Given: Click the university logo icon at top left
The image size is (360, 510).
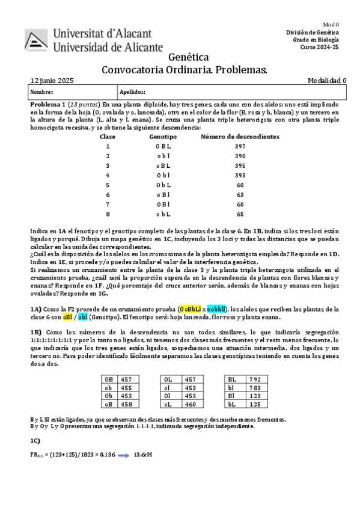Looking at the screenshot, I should pyautogui.click(x=38, y=38).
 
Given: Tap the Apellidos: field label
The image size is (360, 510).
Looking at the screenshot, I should pyautogui.click(x=133, y=92).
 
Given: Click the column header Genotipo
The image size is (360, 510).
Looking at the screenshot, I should pyautogui.click(x=163, y=137).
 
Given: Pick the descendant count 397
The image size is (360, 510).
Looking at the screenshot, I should pyautogui.click(x=240, y=146).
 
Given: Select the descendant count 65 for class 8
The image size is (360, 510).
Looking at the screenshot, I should pyautogui.click(x=240, y=214).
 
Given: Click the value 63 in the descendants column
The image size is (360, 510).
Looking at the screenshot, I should pyautogui.click(x=240, y=195).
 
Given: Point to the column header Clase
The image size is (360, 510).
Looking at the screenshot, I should pyautogui.click(x=108, y=137).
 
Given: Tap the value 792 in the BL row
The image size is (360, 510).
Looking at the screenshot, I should pyautogui.click(x=254, y=379).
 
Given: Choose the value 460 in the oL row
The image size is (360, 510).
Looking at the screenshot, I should pyautogui.click(x=190, y=405).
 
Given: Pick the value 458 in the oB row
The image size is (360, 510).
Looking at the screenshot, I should pyautogui.click(x=126, y=405).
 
